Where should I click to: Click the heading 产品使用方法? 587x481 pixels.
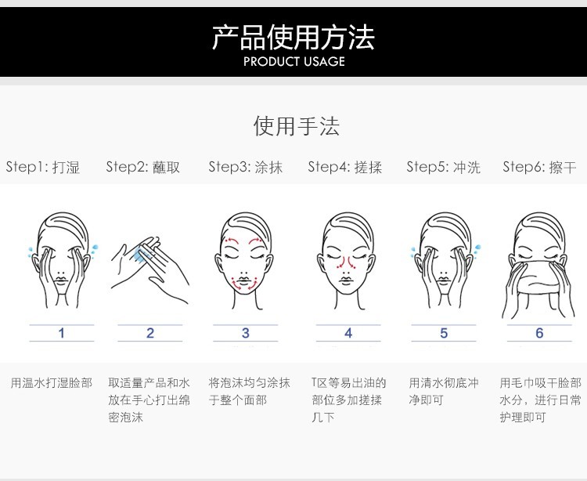pyautogui.click(x=293, y=37)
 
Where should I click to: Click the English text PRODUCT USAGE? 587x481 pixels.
pyautogui.click(x=294, y=61)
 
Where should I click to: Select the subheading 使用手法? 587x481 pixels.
pyautogui.click(x=297, y=126)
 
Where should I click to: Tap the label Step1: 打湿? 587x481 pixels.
pyautogui.click(x=43, y=167)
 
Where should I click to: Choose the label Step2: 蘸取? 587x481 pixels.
pyautogui.click(x=143, y=167)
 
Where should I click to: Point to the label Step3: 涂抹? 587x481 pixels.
pyautogui.click(x=246, y=167)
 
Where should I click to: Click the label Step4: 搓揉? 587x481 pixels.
pyautogui.click(x=345, y=167)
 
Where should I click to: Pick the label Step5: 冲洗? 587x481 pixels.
pyautogui.click(x=444, y=167)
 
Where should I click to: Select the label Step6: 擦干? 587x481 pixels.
pyautogui.click(x=539, y=167)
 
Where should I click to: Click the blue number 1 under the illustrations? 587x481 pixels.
pyautogui.click(x=62, y=333)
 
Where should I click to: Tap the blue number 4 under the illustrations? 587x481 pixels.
pyautogui.click(x=348, y=333)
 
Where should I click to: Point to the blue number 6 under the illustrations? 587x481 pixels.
pyautogui.click(x=539, y=333)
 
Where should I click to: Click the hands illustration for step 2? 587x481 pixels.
pyautogui.click(x=150, y=269)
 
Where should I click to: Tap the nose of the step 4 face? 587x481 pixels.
pyautogui.click(x=345, y=268)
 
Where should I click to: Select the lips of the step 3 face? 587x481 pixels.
pyautogui.click(x=243, y=281)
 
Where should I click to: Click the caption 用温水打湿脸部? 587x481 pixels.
pyautogui.click(x=52, y=383)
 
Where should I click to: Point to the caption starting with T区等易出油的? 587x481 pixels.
pyautogui.click(x=348, y=400)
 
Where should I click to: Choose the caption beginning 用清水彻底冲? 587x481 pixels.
pyautogui.click(x=444, y=392)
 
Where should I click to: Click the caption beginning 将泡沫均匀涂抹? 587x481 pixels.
pyautogui.click(x=250, y=392)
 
